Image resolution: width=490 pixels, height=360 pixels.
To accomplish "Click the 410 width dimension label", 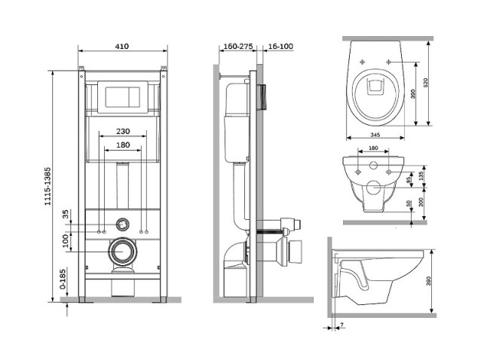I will click(x=121, y=46).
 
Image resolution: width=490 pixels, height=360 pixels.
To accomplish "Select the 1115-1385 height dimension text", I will click(x=47, y=185).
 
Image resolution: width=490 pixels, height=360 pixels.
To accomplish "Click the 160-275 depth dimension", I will click(x=234, y=46).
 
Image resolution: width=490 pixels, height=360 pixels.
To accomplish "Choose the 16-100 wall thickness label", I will click(x=280, y=46).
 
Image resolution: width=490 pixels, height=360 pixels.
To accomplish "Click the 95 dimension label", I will click(x=409, y=181).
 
